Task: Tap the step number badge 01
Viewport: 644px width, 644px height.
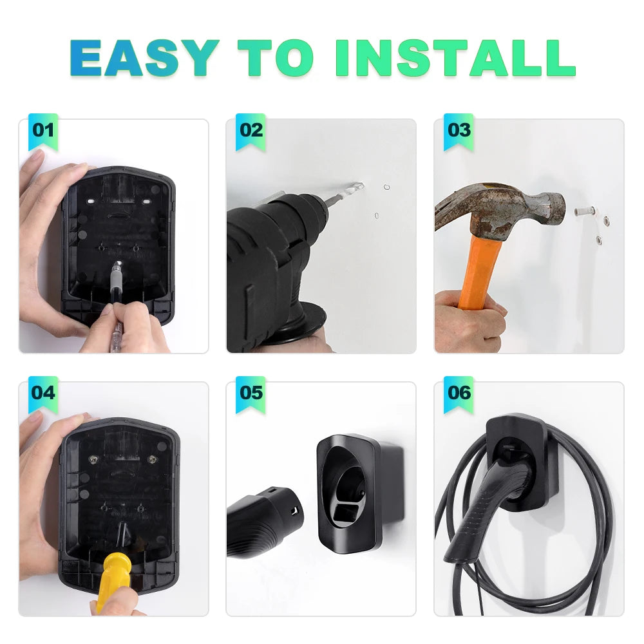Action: (x=43, y=130)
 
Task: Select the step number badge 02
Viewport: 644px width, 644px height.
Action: (x=251, y=130)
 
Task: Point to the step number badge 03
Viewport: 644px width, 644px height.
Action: (x=459, y=130)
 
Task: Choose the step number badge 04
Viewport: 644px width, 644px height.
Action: (x=43, y=392)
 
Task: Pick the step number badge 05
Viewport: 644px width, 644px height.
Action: (x=251, y=392)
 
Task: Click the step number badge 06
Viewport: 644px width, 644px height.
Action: (x=459, y=392)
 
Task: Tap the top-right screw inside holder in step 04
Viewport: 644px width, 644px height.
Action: (x=152, y=459)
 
